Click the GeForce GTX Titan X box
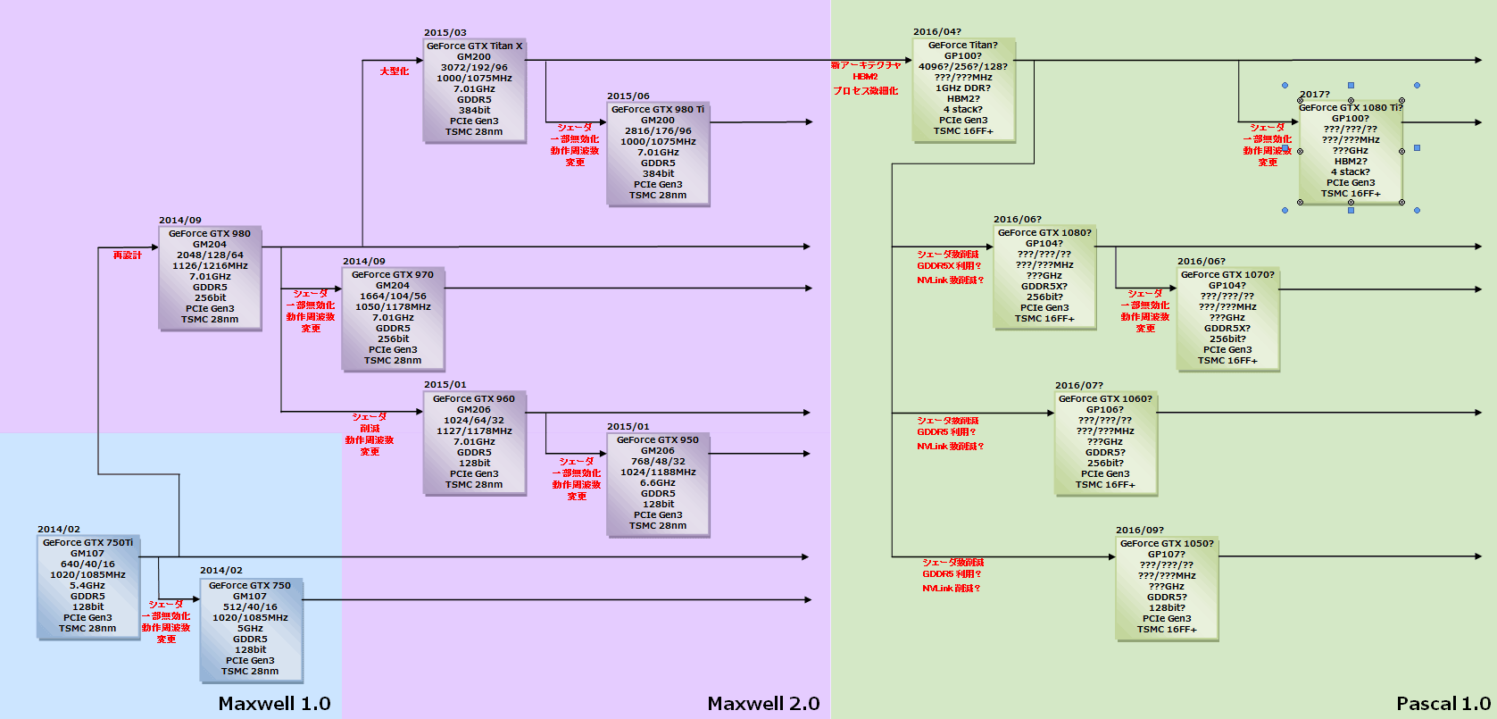click(x=474, y=89)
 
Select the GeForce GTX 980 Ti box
click(x=658, y=153)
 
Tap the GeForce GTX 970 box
click(x=393, y=318)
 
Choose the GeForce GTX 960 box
click(x=474, y=442)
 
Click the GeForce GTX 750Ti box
click(x=87, y=586)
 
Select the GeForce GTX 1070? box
click(x=1227, y=318)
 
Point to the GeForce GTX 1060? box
click(x=1105, y=442)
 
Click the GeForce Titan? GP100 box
click(x=963, y=88)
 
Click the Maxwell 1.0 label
click(x=274, y=704)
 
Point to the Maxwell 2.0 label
click(x=763, y=704)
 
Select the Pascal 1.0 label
click(x=1443, y=704)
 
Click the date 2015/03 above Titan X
click(x=445, y=33)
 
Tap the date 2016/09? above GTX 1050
click(x=1140, y=531)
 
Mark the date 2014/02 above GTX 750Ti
click(x=59, y=530)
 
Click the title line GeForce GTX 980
click(x=210, y=234)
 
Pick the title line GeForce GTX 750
click(x=250, y=586)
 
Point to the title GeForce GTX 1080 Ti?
click(x=1351, y=108)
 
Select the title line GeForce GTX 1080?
click(x=1044, y=233)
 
